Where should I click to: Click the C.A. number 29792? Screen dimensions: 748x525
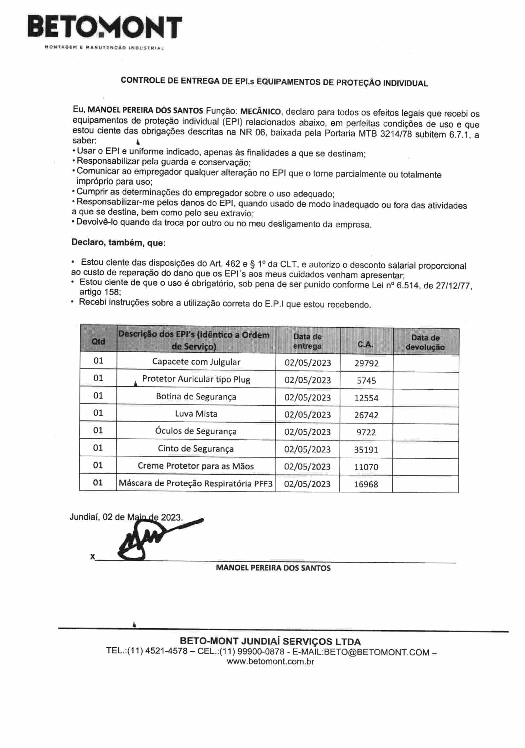(x=366, y=363)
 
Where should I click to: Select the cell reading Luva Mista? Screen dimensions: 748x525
(x=196, y=414)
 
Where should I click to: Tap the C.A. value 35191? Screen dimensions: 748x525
(x=366, y=449)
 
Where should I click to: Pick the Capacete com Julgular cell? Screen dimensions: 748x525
(x=196, y=362)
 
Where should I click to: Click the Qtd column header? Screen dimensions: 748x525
(x=98, y=341)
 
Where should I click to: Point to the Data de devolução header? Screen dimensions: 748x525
(x=425, y=342)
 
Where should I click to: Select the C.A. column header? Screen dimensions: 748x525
(x=365, y=344)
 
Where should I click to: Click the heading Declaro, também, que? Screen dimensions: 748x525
(x=118, y=243)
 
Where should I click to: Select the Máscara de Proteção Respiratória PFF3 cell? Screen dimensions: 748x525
(x=196, y=483)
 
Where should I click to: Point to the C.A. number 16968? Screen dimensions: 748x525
(x=366, y=484)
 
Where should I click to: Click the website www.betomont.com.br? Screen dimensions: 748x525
(x=270, y=661)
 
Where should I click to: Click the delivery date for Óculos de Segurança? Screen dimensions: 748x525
(x=307, y=432)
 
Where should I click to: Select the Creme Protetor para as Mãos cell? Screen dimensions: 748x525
(x=196, y=466)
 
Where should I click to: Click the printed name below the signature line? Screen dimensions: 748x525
(x=273, y=568)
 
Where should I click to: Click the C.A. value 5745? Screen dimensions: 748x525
(x=366, y=381)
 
